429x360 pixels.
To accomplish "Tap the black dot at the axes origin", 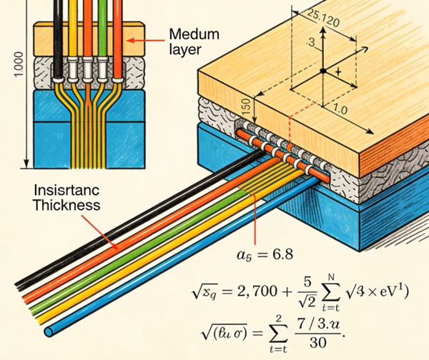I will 322,71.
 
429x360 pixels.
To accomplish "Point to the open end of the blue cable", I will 48,332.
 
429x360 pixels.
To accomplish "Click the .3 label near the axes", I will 310,44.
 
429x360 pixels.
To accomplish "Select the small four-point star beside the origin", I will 337,74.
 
